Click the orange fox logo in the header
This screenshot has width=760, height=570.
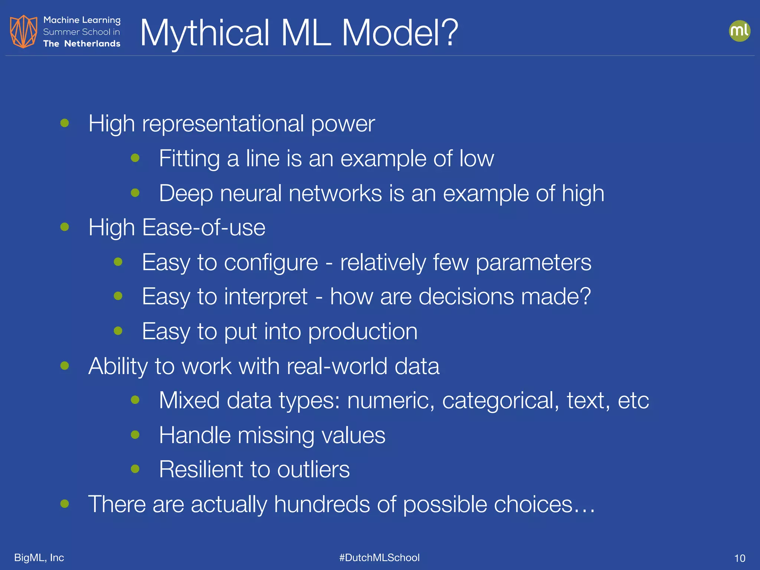point(23,32)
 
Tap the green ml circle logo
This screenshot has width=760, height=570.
point(739,31)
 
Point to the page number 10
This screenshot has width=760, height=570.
point(740,558)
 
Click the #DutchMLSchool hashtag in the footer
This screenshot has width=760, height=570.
point(379,557)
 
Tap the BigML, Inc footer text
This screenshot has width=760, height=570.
point(39,557)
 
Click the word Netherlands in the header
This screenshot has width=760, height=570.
point(92,44)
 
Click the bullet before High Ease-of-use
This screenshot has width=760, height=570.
point(65,227)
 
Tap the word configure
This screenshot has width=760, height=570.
point(271,263)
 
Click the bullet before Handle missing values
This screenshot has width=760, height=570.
point(135,435)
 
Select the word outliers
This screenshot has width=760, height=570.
point(313,469)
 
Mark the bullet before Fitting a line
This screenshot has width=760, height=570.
point(135,158)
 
